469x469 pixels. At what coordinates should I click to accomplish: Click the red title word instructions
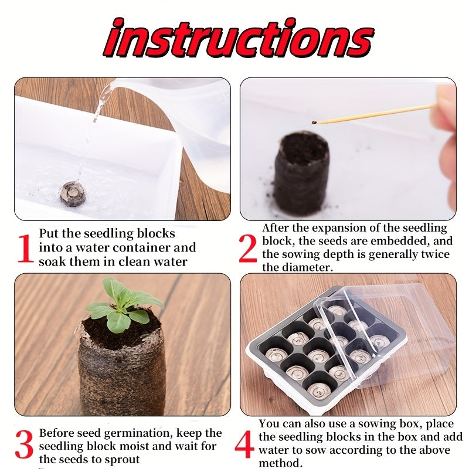235,40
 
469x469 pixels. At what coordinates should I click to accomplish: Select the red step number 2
247,249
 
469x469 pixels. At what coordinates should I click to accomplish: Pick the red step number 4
244,446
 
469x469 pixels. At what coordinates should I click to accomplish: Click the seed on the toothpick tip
315,123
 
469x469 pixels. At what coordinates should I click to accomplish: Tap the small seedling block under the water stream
73,194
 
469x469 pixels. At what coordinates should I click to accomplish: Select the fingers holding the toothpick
446,108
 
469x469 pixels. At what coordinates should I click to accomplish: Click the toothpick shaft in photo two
375,114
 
